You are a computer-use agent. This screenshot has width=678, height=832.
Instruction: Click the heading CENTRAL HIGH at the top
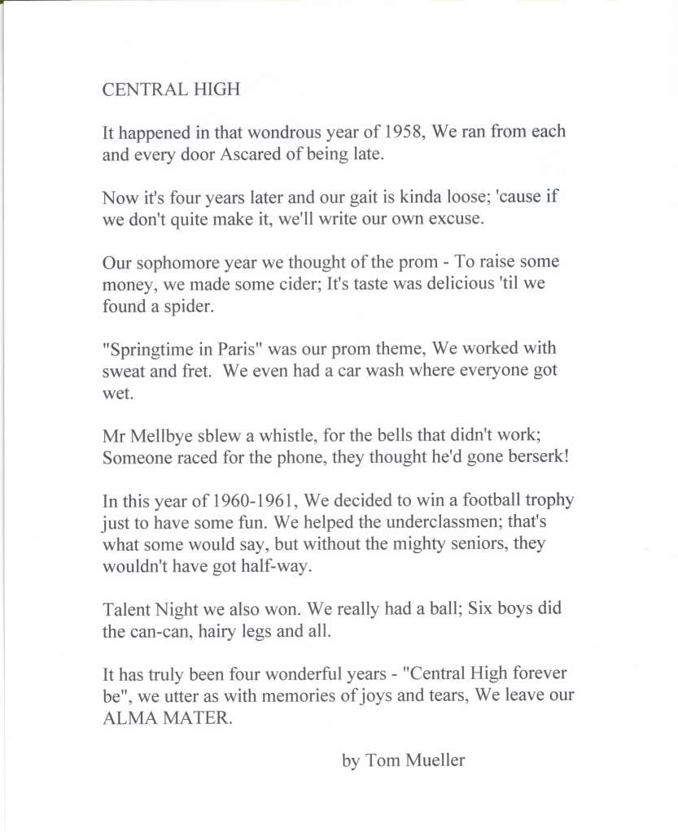(x=171, y=89)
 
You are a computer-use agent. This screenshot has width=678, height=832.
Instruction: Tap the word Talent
(x=125, y=610)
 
